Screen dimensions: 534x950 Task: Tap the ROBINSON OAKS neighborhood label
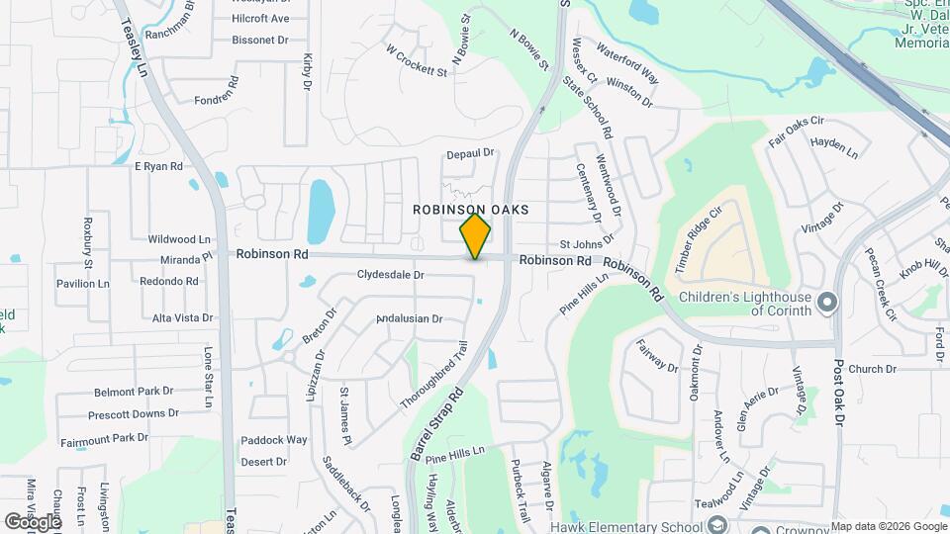[x=471, y=210]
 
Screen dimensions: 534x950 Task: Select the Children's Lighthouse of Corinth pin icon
[x=828, y=301]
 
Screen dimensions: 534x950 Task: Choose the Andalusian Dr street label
[x=409, y=318]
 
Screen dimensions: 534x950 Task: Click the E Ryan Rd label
[x=159, y=166]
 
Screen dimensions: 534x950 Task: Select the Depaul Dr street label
[x=469, y=153]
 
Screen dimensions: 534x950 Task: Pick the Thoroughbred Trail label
[x=433, y=377]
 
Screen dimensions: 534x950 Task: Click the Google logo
[x=32, y=521]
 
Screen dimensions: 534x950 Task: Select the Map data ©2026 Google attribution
[x=888, y=526]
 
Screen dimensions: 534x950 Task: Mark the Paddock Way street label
[x=274, y=440]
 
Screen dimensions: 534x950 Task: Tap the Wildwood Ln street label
[x=179, y=239]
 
